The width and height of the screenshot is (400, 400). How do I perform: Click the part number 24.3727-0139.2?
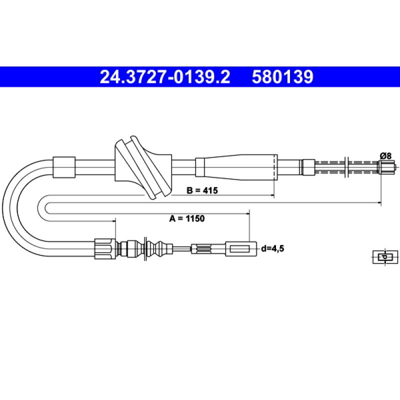click(165, 77)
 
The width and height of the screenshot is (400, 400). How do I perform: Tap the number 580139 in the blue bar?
click(282, 77)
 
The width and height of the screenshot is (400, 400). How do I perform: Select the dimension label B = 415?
click(202, 190)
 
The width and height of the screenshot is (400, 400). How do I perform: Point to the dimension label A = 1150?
click(187, 218)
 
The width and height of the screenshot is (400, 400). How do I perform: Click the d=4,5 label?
click(272, 248)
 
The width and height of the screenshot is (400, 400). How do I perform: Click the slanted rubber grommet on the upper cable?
click(143, 167)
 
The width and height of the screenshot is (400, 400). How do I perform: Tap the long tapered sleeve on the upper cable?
click(236, 167)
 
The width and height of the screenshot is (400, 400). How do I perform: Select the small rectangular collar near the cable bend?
click(64, 167)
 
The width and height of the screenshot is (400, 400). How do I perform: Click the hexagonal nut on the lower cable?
click(105, 248)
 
